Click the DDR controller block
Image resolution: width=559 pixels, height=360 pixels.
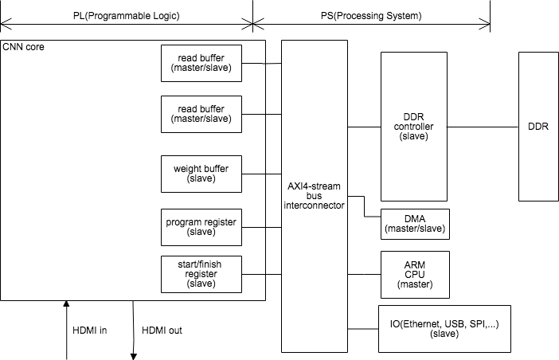pos(413,126)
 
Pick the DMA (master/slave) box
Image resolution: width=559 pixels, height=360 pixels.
pos(415,223)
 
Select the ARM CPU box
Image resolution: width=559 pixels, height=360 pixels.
pos(415,273)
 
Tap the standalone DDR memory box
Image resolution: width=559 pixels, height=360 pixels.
pos(538,126)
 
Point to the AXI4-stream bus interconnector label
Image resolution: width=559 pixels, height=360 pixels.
pos(315,194)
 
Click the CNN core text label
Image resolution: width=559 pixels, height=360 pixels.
pos(24,48)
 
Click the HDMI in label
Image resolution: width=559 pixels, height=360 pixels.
pos(90,330)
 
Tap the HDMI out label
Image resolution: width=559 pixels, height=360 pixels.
pos(162,330)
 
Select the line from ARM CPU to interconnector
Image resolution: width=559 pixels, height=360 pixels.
pos(365,273)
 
